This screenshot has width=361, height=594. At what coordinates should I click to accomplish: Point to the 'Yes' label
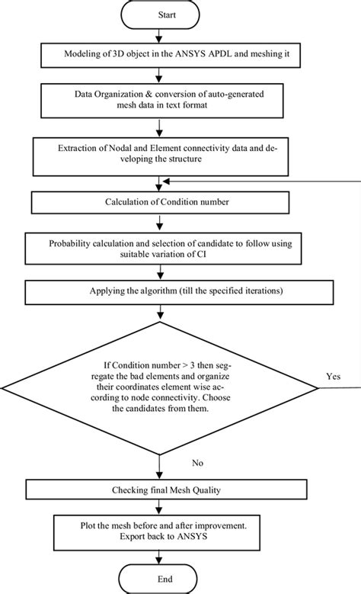pyautogui.click(x=332, y=376)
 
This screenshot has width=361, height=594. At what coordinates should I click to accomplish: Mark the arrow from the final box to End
pyautogui.click(x=158, y=554)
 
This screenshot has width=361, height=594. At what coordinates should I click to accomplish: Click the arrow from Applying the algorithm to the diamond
pyautogui.click(x=158, y=313)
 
